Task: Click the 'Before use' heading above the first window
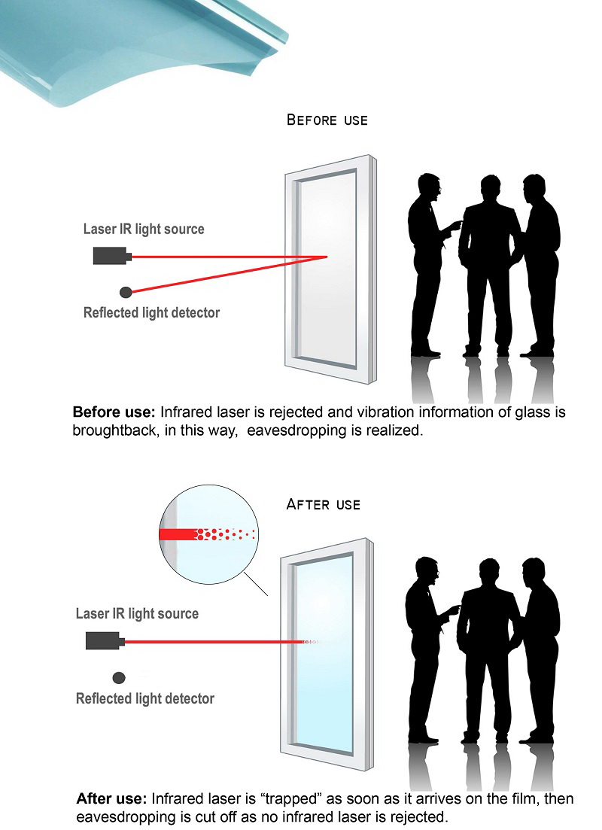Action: pyautogui.click(x=327, y=120)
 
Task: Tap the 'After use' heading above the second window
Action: pyautogui.click(x=324, y=504)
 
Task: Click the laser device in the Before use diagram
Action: pyautogui.click(x=111, y=256)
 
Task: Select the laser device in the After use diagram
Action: pyautogui.click(x=104, y=641)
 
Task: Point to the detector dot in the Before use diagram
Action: pyautogui.click(x=126, y=291)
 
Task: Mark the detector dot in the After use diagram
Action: pyautogui.click(x=118, y=676)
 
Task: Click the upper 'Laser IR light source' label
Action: pyautogui.click(x=144, y=229)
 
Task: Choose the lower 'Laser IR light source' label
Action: pyautogui.click(x=137, y=613)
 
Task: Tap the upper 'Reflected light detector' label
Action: pyautogui.click(x=151, y=312)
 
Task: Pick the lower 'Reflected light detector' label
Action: pyautogui.click(x=145, y=698)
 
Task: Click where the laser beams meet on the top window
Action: pyautogui.click(x=326, y=257)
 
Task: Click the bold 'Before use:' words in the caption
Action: pyautogui.click(x=114, y=412)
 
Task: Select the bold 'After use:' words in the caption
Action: pyautogui.click(x=112, y=798)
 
